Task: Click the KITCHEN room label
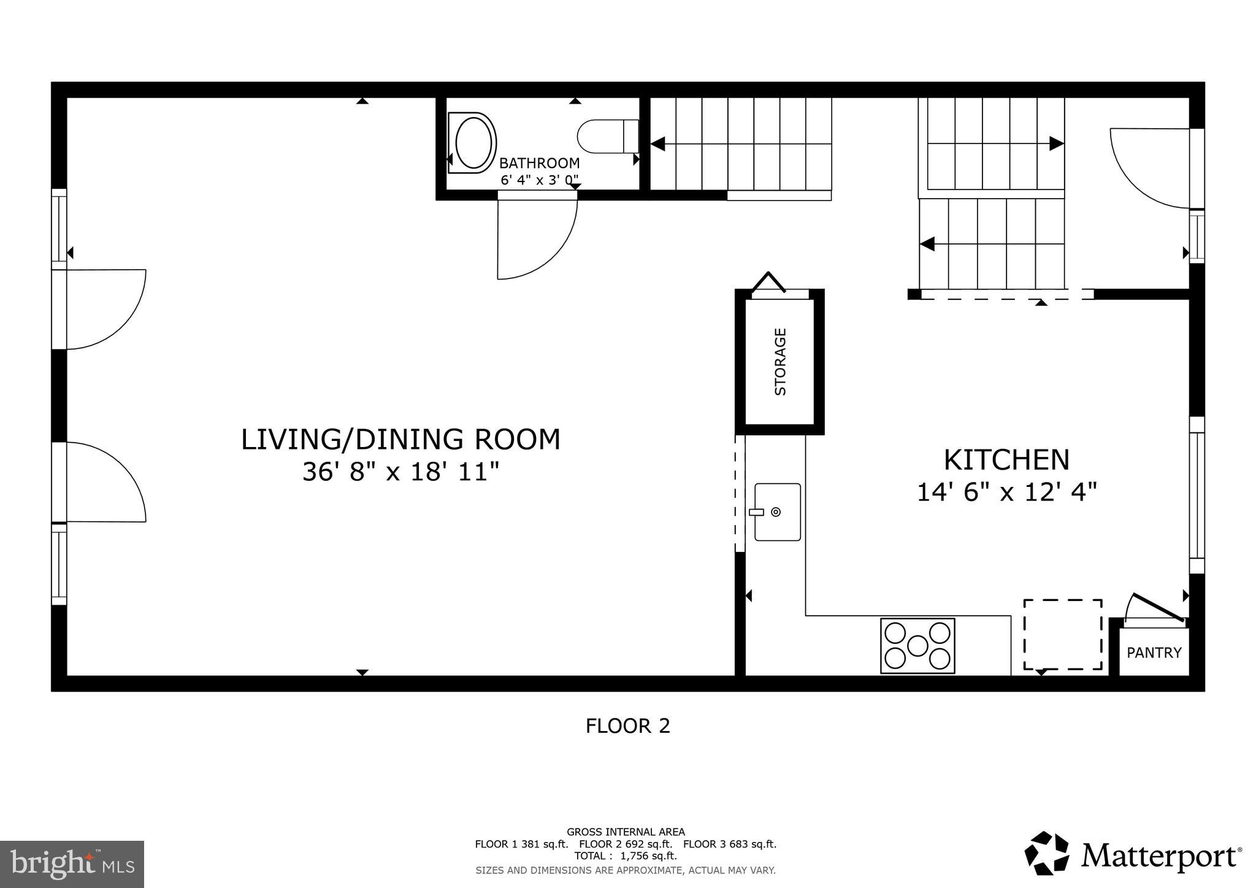(1006, 459)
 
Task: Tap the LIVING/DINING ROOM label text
(400, 440)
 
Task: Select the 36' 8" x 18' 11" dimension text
(400, 472)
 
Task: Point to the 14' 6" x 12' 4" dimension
(1006, 492)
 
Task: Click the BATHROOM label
(539, 163)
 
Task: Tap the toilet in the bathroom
(607, 136)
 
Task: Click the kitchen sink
(777, 512)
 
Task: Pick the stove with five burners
(917, 645)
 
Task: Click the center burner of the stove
(917, 645)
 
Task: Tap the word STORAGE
(780, 362)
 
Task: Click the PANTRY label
(1154, 653)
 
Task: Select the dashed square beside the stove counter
(1062, 634)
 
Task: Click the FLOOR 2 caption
(627, 726)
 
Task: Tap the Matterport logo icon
(1046, 853)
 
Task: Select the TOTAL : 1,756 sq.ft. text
(626, 855)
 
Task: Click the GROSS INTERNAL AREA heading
(626, 832)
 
